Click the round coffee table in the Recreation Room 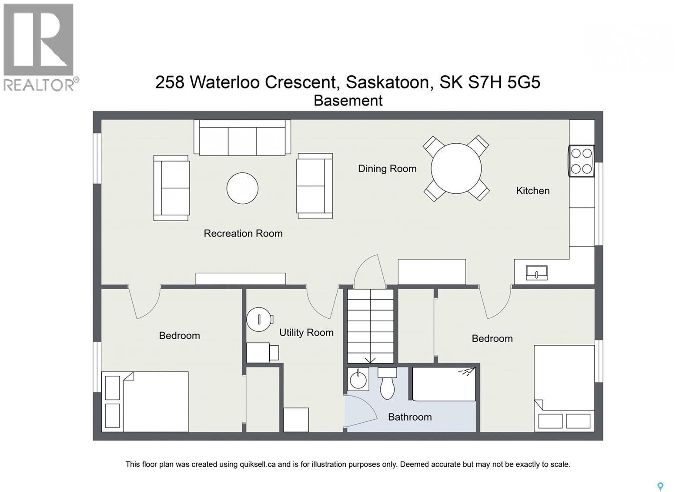(x=242, y=188)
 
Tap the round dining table (x=456, y=168)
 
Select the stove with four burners (x=581, y=161)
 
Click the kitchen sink (x=536, y=273)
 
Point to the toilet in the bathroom (x=387, y=384)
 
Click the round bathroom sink (x=358, y=380)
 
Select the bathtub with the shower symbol (x=444, y=384)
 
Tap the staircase (x=371, y=326)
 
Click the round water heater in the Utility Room (x=259, y=319)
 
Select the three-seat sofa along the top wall (x=242, y=138)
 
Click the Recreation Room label (x=243, y=233)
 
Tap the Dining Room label (x=387, y=168)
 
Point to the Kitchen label (x=532, y=191)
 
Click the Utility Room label (x=306, y=333)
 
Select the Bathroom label (x=410, y=417)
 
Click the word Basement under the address (x=348, y=101)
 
